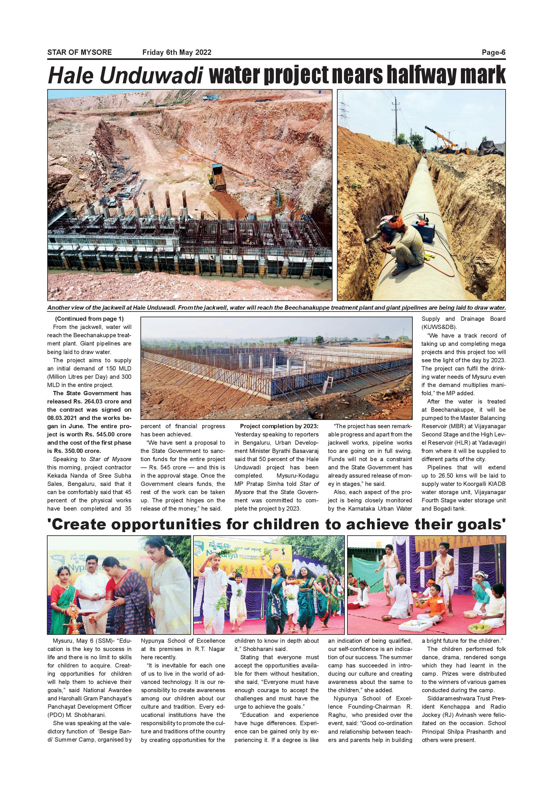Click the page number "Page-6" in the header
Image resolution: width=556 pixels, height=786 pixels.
pos(493,52)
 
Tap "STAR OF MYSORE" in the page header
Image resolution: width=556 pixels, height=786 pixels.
pos(80,52)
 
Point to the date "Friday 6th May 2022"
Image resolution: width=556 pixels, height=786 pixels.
pos(177,52)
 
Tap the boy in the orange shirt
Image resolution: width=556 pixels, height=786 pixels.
pos(435,602)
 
